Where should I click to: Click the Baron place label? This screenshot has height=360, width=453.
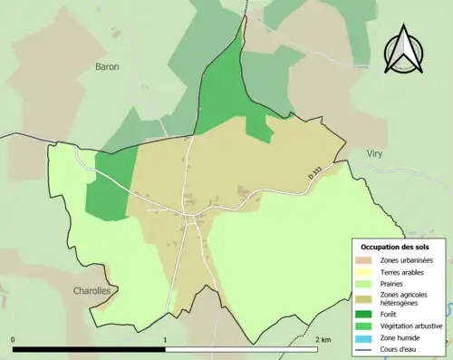107,66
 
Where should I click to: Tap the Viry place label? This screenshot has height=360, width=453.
374,155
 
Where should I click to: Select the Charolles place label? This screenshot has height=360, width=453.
92,291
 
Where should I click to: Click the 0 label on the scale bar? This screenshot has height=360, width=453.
14,340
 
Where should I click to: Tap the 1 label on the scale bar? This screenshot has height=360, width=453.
165,340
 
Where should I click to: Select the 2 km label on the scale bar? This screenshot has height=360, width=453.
323,340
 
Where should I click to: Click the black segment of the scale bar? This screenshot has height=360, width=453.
89,349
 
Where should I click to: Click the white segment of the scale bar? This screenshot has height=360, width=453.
240,349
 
